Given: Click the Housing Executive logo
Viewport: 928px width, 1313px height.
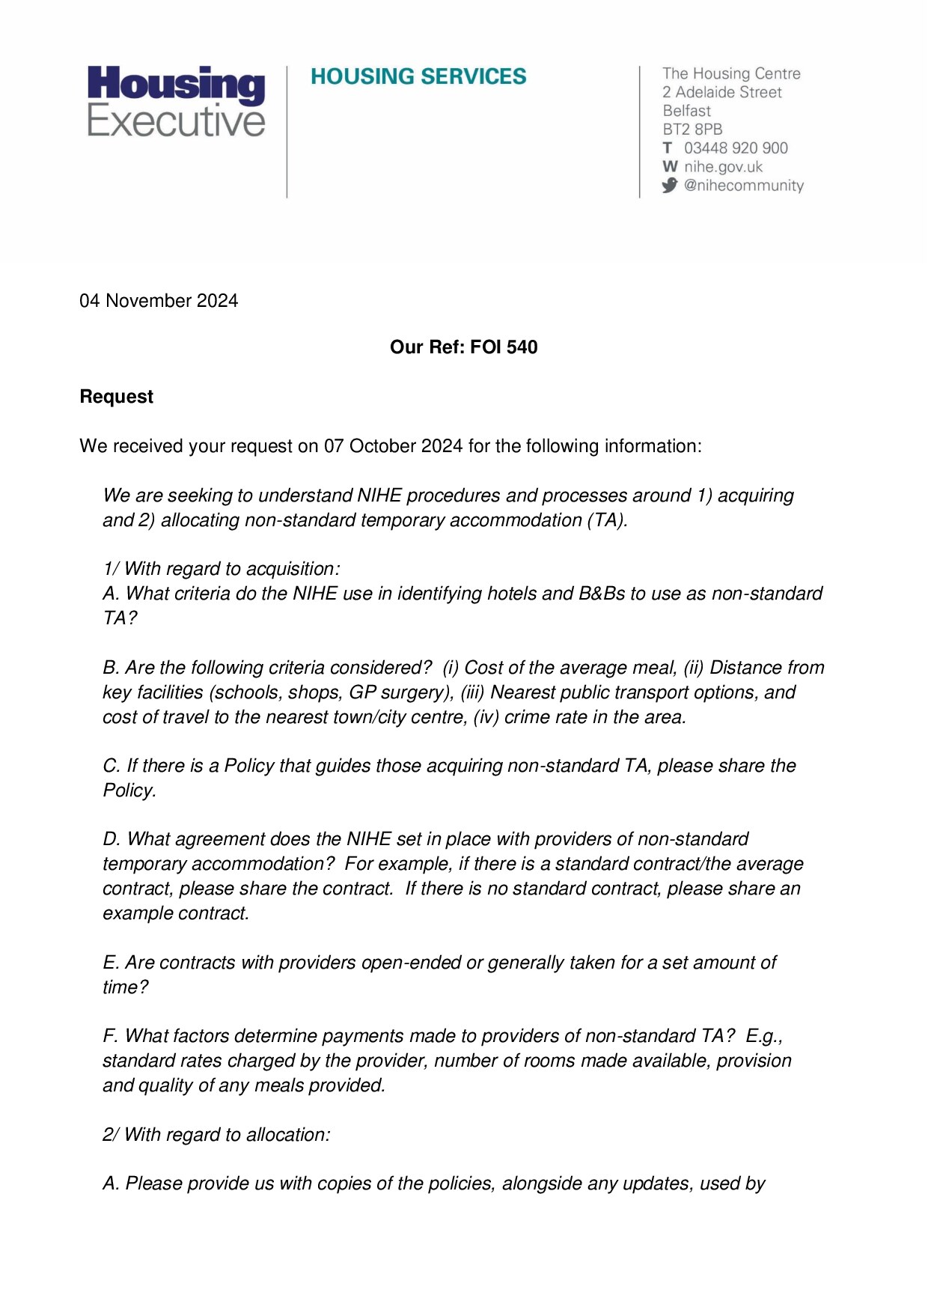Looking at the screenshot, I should click(177, 102).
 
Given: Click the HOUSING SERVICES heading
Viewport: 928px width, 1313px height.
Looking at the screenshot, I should click(418, 76).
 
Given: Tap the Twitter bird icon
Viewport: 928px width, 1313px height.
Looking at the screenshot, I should click(670, 185).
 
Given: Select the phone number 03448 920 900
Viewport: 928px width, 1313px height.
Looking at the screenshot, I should click(736, 148).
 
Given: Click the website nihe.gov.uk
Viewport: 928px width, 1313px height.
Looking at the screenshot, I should click(723, 167).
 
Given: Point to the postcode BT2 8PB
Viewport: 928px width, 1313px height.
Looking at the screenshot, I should click(692, 130).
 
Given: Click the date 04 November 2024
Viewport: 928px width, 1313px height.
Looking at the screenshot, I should click(159, 301).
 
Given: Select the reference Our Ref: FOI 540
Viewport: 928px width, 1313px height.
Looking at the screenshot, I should click(463, 347).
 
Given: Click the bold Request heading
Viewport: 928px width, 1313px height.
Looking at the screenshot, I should click(117, 397).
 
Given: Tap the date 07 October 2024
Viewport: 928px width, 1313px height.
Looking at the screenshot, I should click(393, 446).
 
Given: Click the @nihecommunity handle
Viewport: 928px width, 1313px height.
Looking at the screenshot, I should click(743, 186).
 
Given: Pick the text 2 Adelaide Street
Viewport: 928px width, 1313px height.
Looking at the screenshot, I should click(721, 92).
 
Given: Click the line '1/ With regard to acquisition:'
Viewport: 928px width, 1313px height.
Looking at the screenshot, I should click(222, 569).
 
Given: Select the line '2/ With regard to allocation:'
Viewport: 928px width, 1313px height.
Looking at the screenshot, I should click(216, 1135).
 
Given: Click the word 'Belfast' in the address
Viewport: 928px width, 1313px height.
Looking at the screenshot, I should click(686, 111).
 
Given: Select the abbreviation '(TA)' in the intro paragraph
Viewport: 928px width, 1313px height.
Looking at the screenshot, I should click(607, 520).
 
